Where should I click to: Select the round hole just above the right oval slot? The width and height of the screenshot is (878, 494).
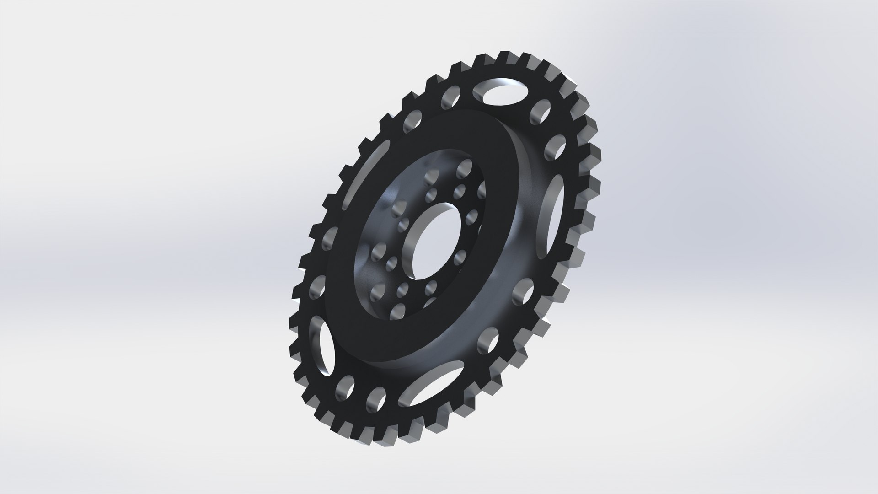tap(554, 146)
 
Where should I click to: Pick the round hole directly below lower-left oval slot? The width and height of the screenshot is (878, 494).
tap(345, 387)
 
